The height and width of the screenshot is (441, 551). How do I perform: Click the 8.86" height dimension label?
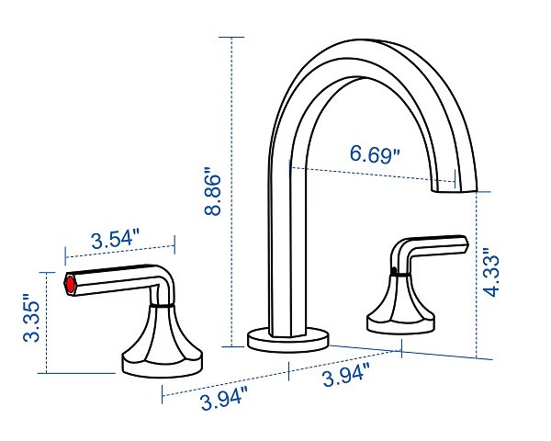coord(213,190)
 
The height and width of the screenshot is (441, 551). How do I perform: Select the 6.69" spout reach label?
coord(376,154)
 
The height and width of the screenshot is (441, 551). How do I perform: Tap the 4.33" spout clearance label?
coord(491,272)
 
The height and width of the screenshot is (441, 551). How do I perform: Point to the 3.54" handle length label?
coord(116,240)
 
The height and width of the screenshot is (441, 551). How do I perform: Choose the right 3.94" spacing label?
coord(346,374)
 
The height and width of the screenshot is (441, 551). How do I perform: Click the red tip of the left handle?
coord(71,284)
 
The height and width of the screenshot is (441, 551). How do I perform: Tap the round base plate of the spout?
coord(288,339)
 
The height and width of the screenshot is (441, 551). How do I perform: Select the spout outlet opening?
coord(455,190)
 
